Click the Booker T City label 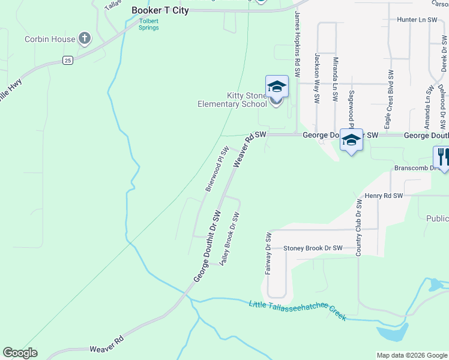click(x=160, y=10)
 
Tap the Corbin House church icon click(x=85, y=39)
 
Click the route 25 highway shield click(x=68, y=60)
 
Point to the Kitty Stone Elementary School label click(x=232, y=100)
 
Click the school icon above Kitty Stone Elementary click(x=277, y=86)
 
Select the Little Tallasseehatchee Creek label click(x=298, y=310)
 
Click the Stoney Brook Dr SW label click(x=313, y=248)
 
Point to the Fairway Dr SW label click(x=268, y=253)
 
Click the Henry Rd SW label click(x=384, y=196)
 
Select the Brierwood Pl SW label click(x=217, y=169)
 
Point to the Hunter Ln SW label click(x=417, y=20)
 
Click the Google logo click(x=20, y=353)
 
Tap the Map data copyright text click(x=411, y=355)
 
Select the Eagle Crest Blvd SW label click(x=391, y=96)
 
